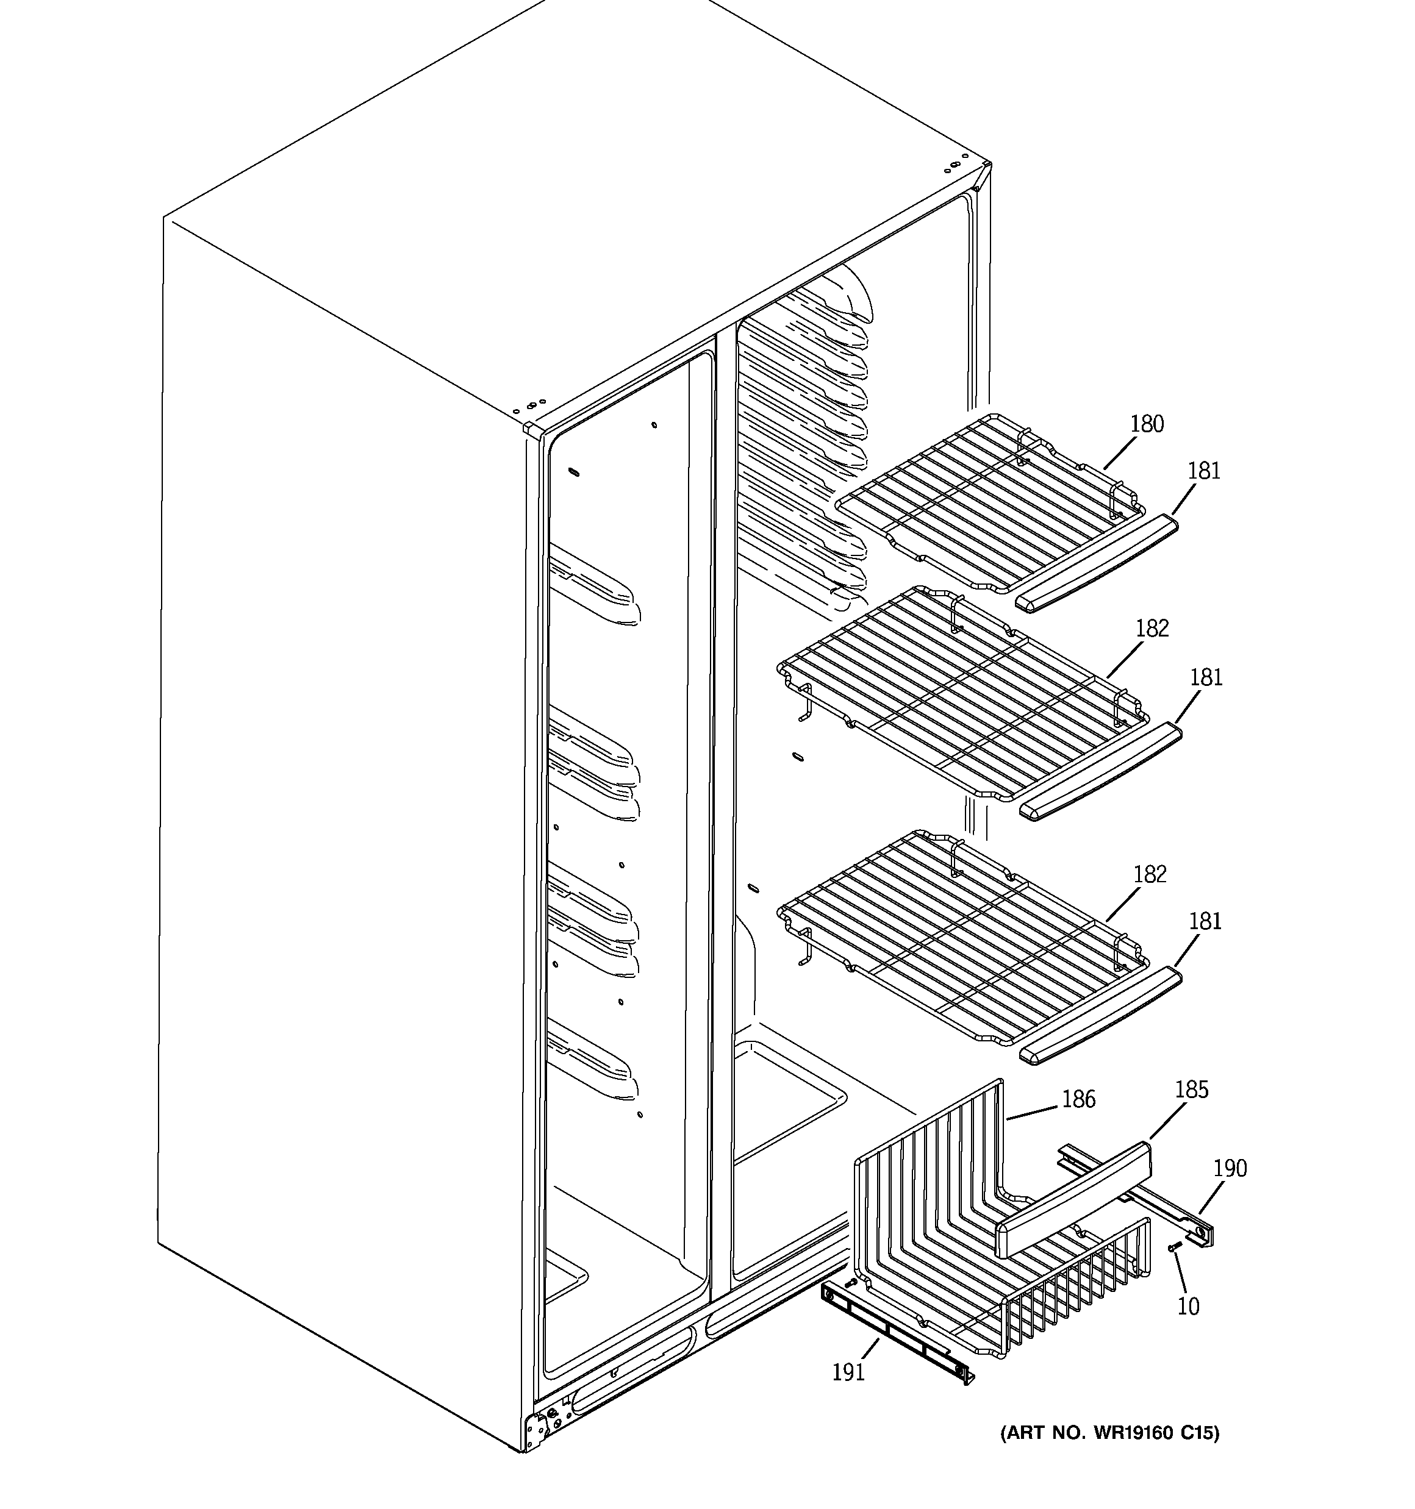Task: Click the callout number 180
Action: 1146,424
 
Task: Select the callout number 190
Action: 1229,1168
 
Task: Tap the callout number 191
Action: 848,1372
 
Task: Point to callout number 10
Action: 1188,1307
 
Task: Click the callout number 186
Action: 1078,1099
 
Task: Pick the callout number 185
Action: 1191,1090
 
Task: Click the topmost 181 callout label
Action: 1204,471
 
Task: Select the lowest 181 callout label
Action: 1205,921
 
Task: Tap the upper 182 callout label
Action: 1152,629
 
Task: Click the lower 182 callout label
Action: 1149,874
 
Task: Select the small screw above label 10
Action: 1174,1268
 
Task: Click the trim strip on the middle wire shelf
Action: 1100,772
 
